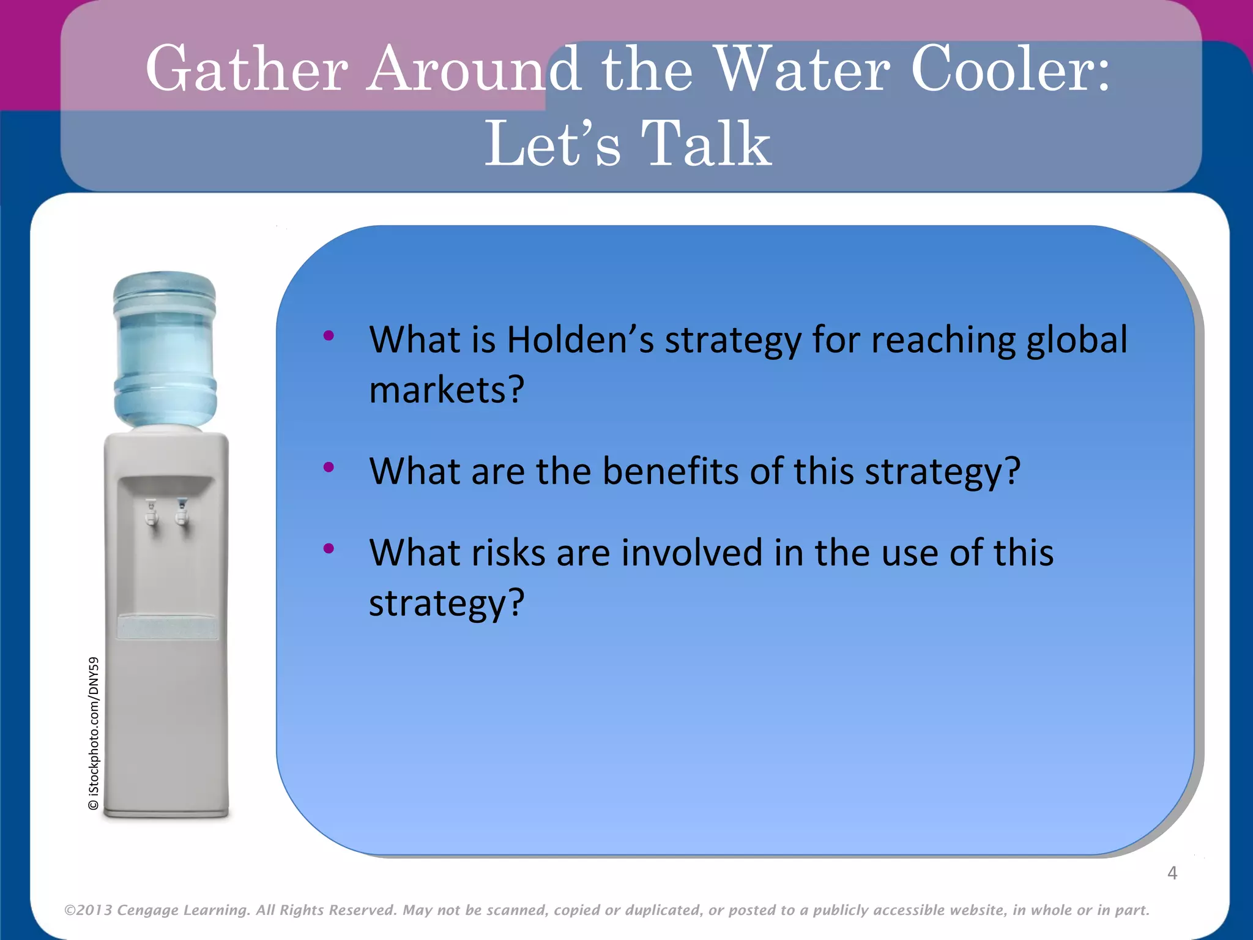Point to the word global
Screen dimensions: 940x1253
1076,340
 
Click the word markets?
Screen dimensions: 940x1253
447,390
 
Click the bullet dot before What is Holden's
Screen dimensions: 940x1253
329,335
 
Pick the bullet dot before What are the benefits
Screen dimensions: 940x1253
329,467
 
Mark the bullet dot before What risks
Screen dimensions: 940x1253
329,548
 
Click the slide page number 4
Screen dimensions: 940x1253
1172,873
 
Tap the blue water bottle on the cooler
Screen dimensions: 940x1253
165,349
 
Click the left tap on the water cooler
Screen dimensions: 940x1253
151,513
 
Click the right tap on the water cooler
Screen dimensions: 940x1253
182,512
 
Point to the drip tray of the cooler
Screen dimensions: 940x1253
167,628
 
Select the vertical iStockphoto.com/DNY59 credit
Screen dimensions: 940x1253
94,733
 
